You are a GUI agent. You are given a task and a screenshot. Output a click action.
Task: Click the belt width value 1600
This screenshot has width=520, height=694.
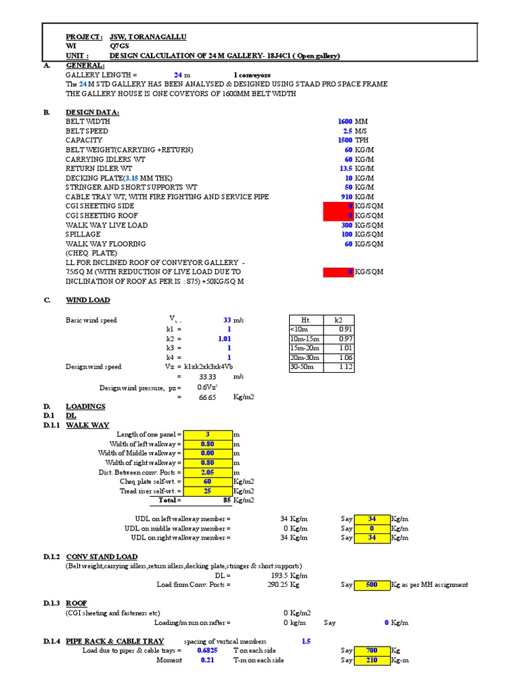pos(345,121)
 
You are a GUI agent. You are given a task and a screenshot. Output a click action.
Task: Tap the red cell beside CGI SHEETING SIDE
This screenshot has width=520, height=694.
pos(338,206)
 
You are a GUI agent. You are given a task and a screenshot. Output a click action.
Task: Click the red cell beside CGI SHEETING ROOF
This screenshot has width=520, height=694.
pos(338,216)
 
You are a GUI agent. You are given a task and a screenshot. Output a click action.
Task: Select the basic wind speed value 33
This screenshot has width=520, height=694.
pos(227,319)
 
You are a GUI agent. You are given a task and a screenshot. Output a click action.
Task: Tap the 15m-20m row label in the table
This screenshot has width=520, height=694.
pos(303,348)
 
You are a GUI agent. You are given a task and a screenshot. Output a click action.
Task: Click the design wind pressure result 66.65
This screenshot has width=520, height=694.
pos(207,397)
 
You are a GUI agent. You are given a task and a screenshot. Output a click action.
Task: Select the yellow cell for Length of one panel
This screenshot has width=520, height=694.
pos(208,434)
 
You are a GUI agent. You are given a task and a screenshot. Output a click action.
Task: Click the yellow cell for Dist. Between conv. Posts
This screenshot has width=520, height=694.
pos(208,472)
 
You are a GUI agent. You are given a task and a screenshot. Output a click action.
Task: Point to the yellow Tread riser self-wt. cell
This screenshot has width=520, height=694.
pos(208,491)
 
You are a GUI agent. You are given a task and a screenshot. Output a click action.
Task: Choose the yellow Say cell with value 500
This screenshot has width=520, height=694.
pos(372,585)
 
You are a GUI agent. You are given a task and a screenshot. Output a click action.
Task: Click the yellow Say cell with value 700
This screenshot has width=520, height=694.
pos(372,651)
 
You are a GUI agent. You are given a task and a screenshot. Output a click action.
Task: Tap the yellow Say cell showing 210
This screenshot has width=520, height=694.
pos(372,660)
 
